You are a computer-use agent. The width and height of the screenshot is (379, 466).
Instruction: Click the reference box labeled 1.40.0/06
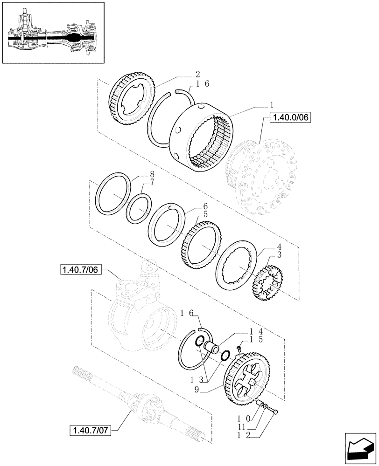[290, 118]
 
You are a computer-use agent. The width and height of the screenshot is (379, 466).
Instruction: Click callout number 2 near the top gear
[198, 74]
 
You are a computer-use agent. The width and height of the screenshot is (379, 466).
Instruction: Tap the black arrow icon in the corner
[360, 449]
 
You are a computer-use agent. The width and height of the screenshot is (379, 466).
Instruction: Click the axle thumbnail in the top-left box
[52, 33]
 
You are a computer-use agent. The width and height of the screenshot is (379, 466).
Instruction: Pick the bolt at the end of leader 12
[276, 411]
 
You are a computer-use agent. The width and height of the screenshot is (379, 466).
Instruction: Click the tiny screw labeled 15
[239, 348]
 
